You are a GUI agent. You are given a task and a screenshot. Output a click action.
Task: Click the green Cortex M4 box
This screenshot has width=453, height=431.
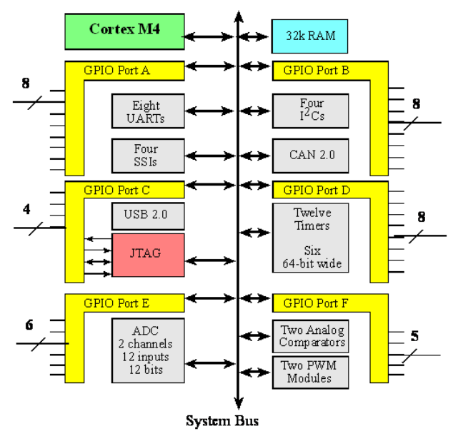pos(124,30)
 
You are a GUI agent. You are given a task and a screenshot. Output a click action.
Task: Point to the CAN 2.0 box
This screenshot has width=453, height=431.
pos(310,155)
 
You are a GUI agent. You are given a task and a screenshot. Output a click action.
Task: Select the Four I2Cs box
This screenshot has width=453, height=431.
pos(310,111)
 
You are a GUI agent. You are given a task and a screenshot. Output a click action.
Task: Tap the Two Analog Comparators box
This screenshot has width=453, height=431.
pos(311,335)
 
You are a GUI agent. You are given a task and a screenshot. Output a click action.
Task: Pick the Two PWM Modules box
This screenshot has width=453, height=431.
pos(311,372)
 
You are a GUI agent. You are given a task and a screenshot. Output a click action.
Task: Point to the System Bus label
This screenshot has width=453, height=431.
pos(222,420)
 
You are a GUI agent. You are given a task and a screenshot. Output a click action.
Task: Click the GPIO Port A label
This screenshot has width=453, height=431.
pos(116,70)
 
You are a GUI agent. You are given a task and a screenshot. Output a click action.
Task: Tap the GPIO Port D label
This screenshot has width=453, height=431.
pos(316,191)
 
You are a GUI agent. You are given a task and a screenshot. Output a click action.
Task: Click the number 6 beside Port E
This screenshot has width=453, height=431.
pos(29,325)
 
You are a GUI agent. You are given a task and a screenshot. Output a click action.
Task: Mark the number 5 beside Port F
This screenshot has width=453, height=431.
pos(414,335)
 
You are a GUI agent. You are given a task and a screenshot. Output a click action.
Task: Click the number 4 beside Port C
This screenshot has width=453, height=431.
pos(26,210)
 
